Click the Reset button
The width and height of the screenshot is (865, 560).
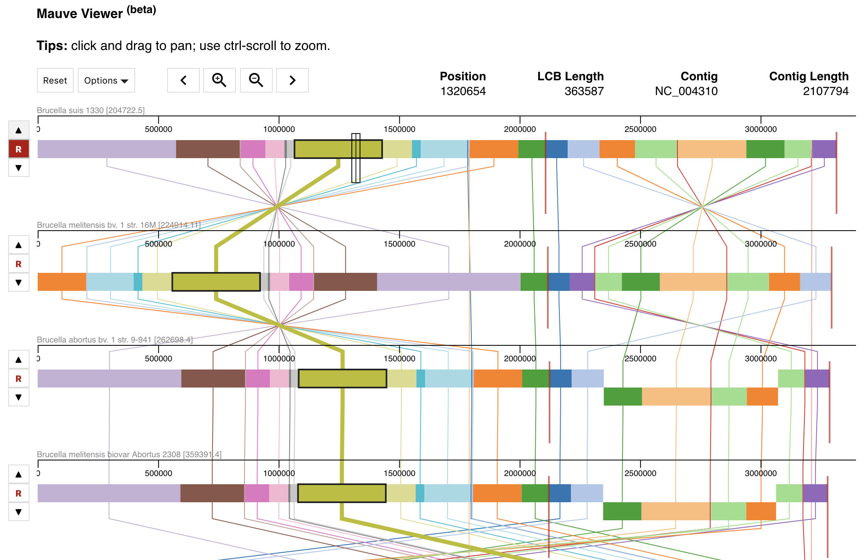point(55,80)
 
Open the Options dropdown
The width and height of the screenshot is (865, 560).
point(106,80)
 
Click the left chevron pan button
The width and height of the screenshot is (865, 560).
point(183,80)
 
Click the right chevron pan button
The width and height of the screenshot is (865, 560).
point(292,80)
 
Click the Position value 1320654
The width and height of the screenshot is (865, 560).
point(463,91)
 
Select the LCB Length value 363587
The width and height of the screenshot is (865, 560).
point(584,91)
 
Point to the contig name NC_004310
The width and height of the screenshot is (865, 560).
point(686,91)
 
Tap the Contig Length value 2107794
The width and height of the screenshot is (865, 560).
point(825,91)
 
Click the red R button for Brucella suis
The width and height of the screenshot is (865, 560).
point(18,149)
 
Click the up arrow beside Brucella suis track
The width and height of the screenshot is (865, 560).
point(18,130)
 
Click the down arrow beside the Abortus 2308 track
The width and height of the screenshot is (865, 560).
point(18,512)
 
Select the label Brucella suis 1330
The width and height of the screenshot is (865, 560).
point(91,110)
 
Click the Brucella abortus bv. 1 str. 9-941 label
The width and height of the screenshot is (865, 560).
point(114,340)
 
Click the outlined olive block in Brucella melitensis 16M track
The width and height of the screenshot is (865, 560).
point(216,282)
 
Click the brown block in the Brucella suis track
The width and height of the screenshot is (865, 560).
point(208,149)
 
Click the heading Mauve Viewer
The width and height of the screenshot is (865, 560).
point(80,14)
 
